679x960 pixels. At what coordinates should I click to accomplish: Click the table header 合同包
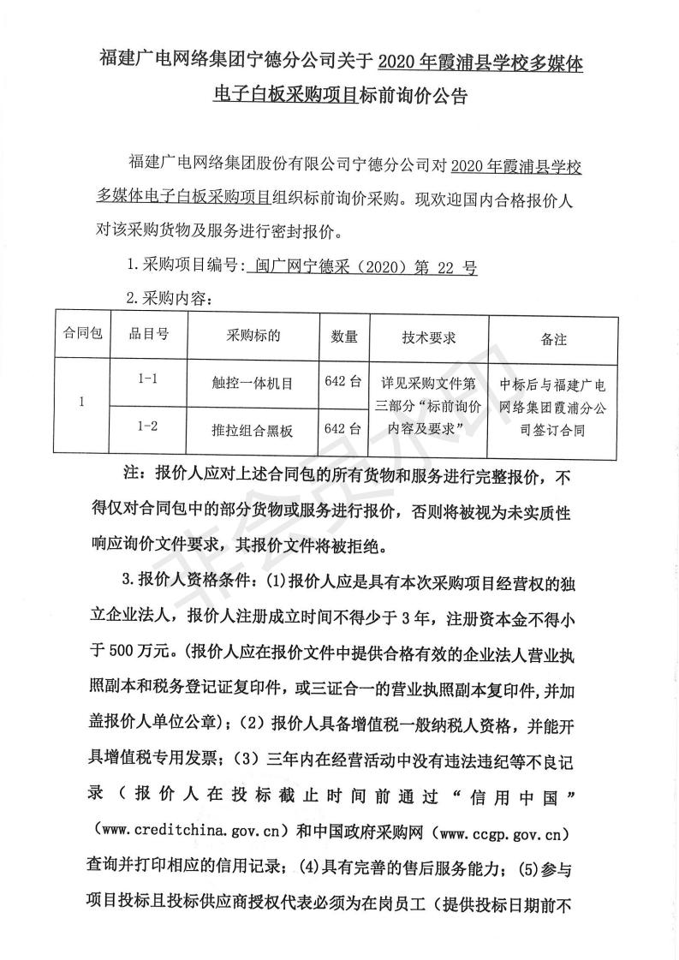pos(83,334)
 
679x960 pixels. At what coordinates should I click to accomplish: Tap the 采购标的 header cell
pos(253,335)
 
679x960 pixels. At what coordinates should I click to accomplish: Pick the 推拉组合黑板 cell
pos(253,431)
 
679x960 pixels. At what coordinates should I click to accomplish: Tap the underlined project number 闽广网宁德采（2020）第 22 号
pos(360,267)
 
